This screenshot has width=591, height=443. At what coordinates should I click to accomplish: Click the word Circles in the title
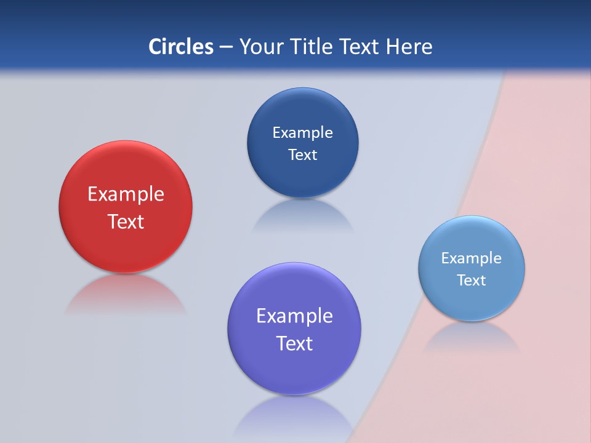pos(180,47)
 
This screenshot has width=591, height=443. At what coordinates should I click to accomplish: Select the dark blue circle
pos(302,111)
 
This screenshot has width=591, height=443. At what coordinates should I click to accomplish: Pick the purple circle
pos(294,369)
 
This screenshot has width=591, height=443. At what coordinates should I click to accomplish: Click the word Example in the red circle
pos(126,194)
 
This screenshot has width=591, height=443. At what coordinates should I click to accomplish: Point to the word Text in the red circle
pos(126,221)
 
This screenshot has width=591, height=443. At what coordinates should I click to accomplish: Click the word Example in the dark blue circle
pos(302,133)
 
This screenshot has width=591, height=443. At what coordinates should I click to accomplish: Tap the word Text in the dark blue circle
pos(302,155)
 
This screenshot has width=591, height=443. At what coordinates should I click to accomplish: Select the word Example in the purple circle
pos(294,316)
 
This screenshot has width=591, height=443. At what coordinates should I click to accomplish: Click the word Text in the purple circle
pos(294,343)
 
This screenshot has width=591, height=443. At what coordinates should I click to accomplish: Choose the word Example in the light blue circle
pos(472,258)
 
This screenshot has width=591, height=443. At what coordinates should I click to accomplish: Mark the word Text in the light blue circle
pos(472,281)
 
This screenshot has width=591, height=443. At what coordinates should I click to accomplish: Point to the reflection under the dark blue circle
pos(302,215)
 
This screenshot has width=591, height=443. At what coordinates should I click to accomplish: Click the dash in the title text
pos(226,47)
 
